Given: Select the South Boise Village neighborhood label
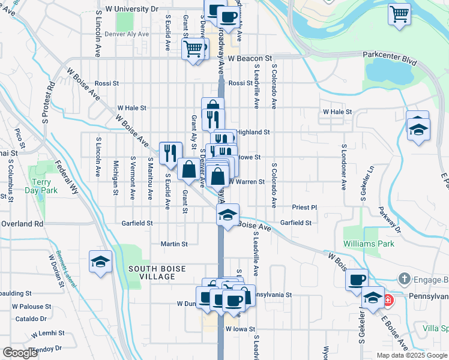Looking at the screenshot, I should pos(151,272).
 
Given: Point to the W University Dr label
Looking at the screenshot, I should pos(131,10).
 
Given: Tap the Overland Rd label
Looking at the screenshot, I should pos(22,223).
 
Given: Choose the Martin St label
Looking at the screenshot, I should pos(174,244).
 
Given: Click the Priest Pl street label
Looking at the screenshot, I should pos(304,207).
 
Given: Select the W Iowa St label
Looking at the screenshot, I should pos(241,329).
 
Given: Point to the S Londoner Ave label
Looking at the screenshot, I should pos(345,167).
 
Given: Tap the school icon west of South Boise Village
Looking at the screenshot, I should pos(100,262).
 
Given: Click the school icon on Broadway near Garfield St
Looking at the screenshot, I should pos(228,215).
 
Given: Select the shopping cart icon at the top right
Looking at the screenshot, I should pos(399,14).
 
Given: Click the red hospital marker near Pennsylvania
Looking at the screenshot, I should pos(388,299).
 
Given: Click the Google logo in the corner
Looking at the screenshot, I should pos(20,353).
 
